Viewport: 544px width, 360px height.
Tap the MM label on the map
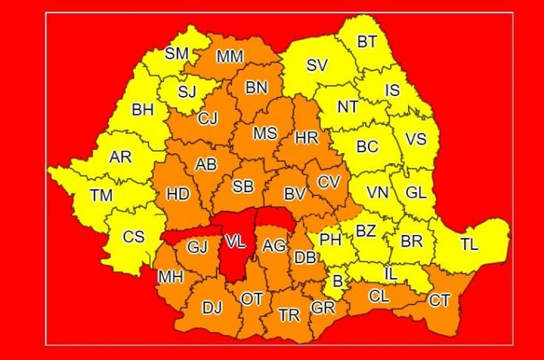[230, 55]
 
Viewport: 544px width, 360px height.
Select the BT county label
[366, 42]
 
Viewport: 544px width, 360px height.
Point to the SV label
[316, 66]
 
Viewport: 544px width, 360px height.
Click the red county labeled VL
[234, 242]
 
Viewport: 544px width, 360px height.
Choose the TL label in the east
[468, 244]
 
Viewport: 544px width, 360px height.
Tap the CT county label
[440, 299]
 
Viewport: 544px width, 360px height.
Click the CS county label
[134, 236]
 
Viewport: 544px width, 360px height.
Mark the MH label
[170, 277]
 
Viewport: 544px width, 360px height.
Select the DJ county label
[212, 308]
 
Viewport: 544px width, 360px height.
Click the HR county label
[306, 137]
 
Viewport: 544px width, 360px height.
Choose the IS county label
[393, 91]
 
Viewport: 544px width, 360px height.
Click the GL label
[416, 191]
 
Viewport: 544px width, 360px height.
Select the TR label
[289, 315]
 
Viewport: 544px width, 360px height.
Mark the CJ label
[207, 119]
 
